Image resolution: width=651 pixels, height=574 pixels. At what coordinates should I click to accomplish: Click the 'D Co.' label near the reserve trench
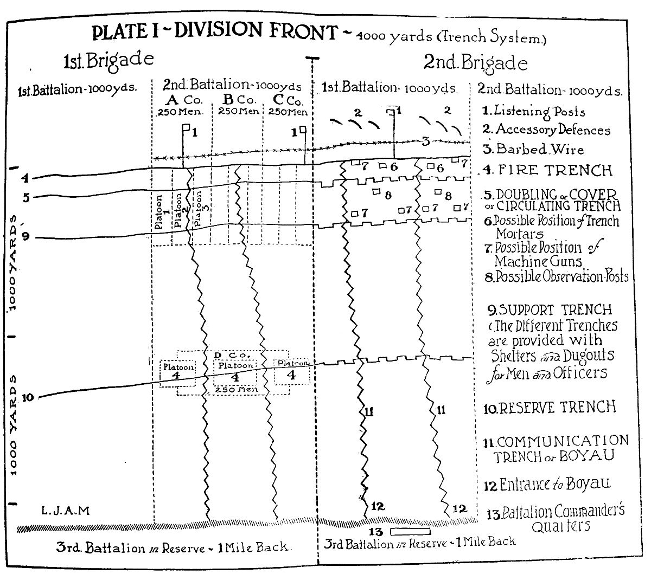tap(232, 355)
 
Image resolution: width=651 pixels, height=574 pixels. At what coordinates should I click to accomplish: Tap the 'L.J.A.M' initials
tap(65, 511)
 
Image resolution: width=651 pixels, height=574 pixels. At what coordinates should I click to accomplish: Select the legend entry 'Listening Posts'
tap(534, 111)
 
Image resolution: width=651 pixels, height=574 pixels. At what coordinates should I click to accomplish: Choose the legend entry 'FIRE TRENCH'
tap(548, 170)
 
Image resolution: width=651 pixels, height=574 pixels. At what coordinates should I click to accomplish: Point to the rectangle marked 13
tap(410, 530)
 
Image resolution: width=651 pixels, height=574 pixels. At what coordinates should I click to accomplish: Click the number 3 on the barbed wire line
tap(426, 141)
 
